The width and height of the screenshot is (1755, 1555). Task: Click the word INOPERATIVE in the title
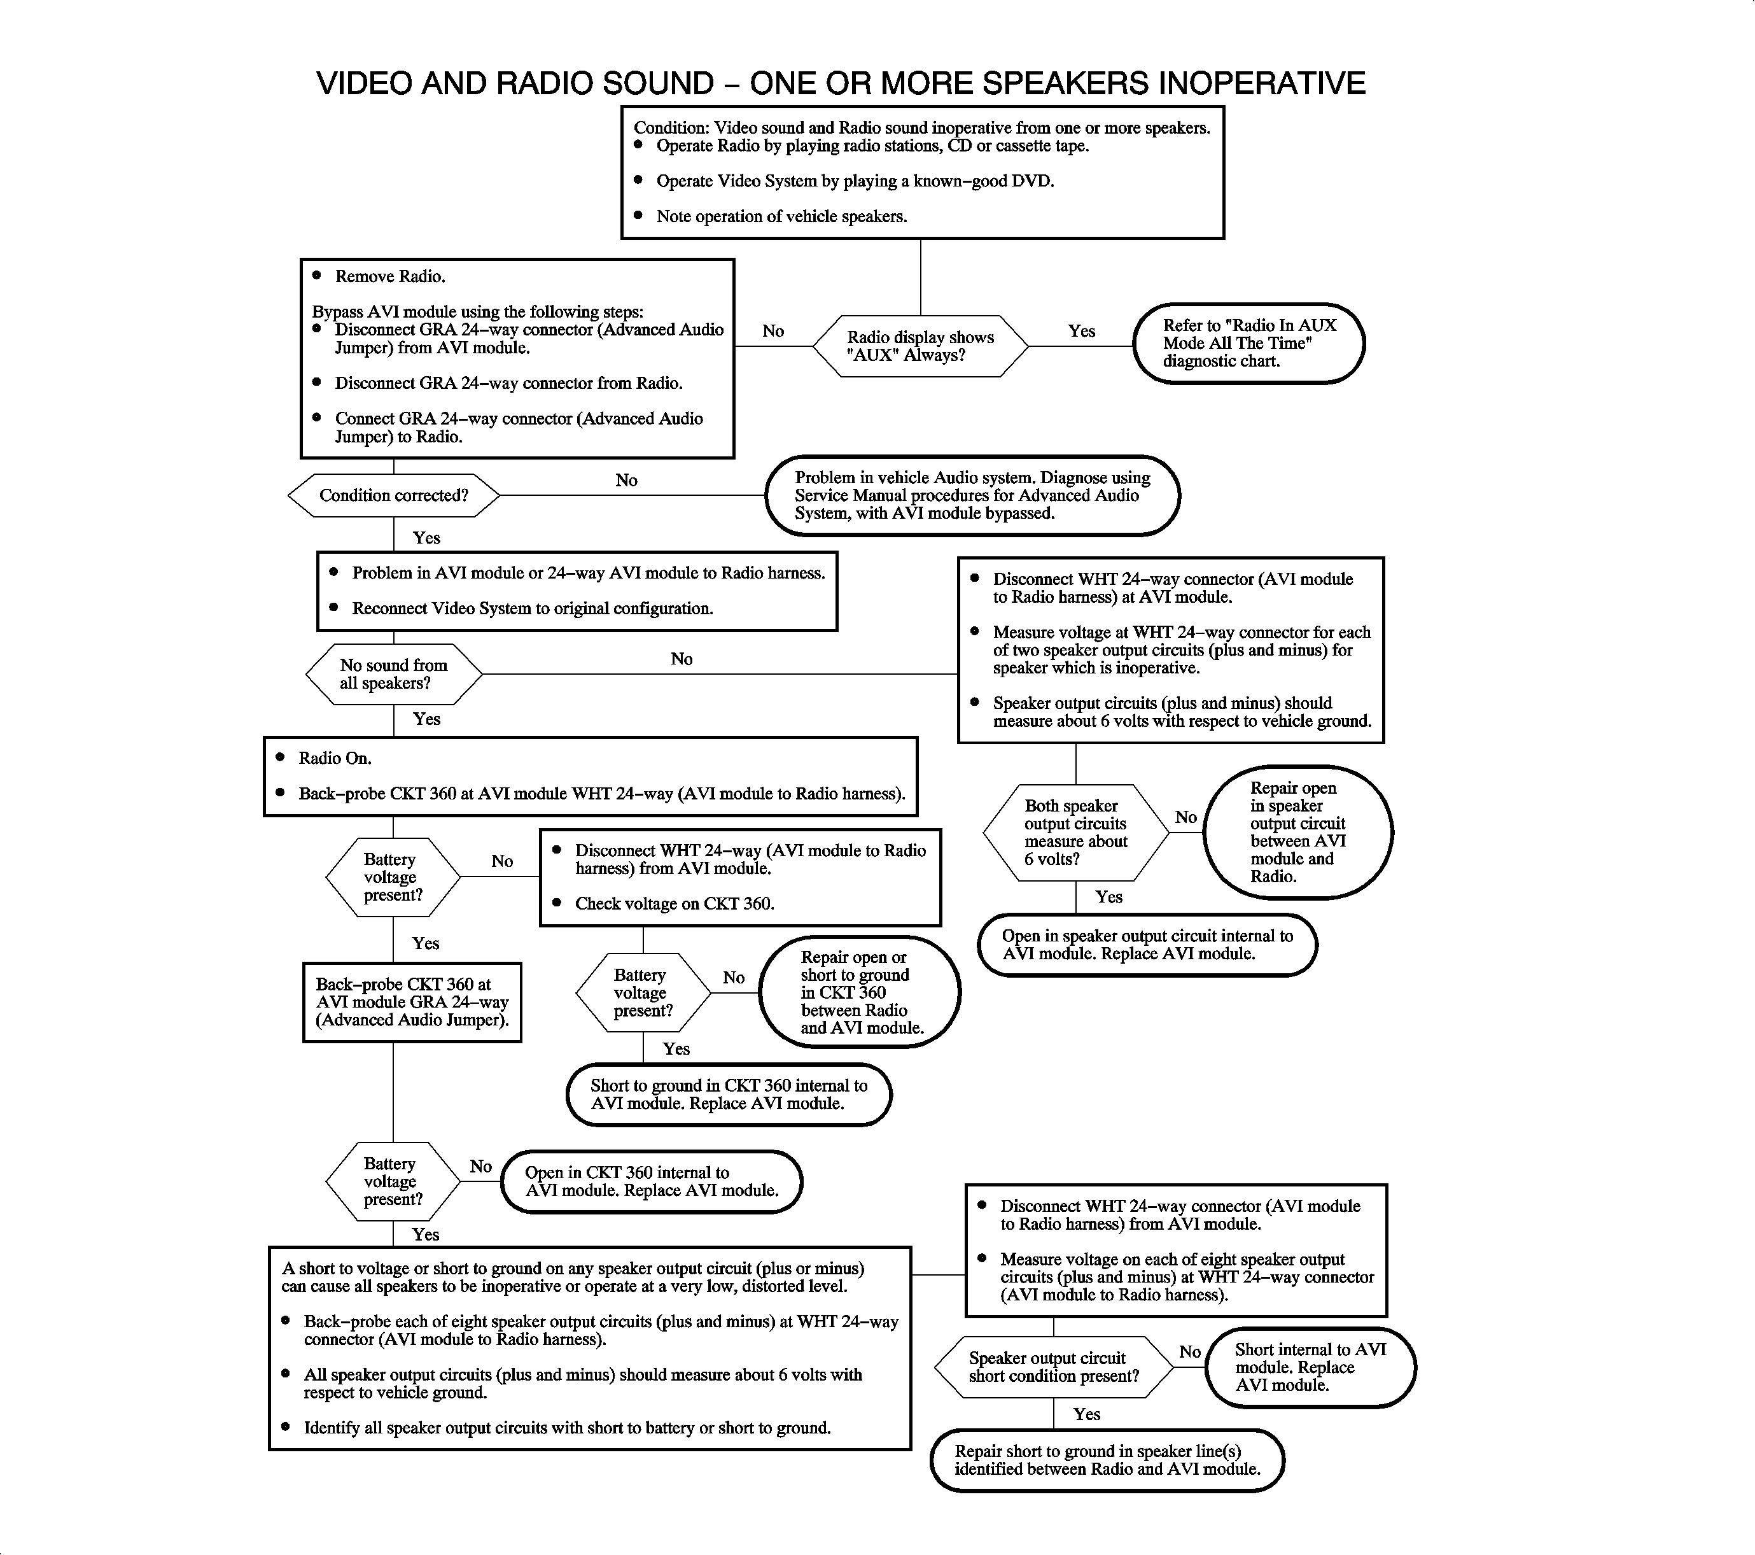point(1261,83)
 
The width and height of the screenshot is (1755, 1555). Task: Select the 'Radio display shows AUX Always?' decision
point(920,346)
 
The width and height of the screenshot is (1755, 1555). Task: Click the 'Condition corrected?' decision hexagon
point(393,495)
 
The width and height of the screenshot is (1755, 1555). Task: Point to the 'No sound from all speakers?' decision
point(393,674)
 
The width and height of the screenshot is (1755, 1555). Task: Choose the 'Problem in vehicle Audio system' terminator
point(972,495)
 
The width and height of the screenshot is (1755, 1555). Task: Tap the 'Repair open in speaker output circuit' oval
point(1297,832)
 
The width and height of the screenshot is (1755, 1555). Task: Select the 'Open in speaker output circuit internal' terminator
point(1147,945)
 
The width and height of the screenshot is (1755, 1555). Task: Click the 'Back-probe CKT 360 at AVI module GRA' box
point(412,1002)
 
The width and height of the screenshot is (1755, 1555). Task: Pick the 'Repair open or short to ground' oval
point(860,992)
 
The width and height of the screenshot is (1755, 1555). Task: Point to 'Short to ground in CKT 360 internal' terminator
point(729,1095)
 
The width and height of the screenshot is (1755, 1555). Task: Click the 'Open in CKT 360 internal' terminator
point(652,1181)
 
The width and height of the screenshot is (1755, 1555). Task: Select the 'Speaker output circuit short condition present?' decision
point(1054,1367)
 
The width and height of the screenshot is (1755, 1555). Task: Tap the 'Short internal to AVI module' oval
point(1310,1367)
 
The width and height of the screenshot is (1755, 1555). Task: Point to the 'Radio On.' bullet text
point(334,758)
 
